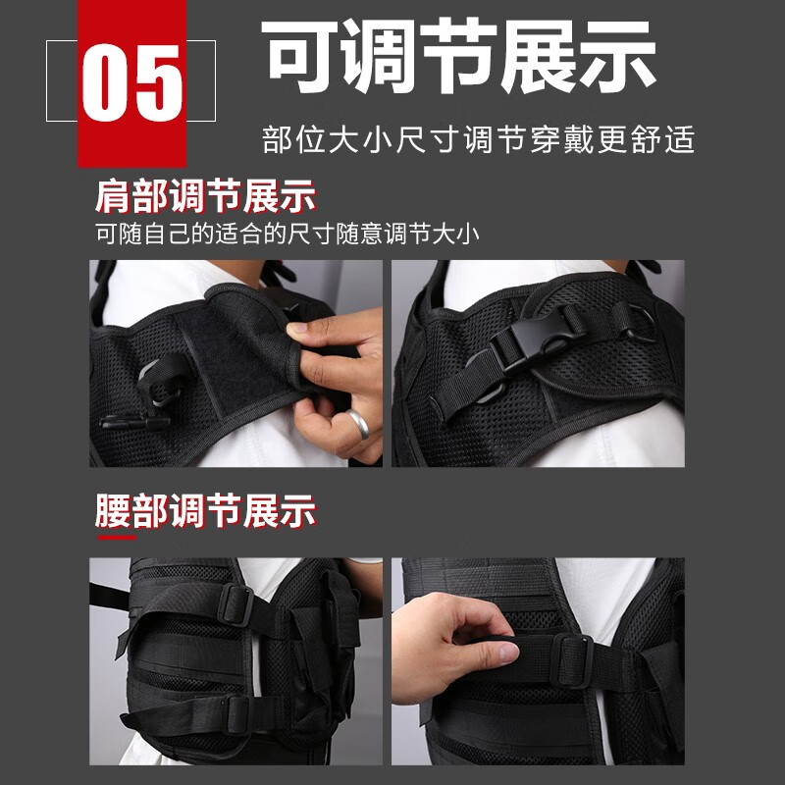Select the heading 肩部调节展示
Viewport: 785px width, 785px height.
click(x=206, y=196)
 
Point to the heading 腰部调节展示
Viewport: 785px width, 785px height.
click(x=206, y=512)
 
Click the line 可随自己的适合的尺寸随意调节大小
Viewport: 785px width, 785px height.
click(x=288, y=235)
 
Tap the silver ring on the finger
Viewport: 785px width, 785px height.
click(x=358, y=423)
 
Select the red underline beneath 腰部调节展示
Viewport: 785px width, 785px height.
click(x=116, y=537)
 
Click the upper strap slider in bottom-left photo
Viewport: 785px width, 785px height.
click(x=236, y=603)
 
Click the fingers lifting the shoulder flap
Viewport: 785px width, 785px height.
click(x=316, y=343)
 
